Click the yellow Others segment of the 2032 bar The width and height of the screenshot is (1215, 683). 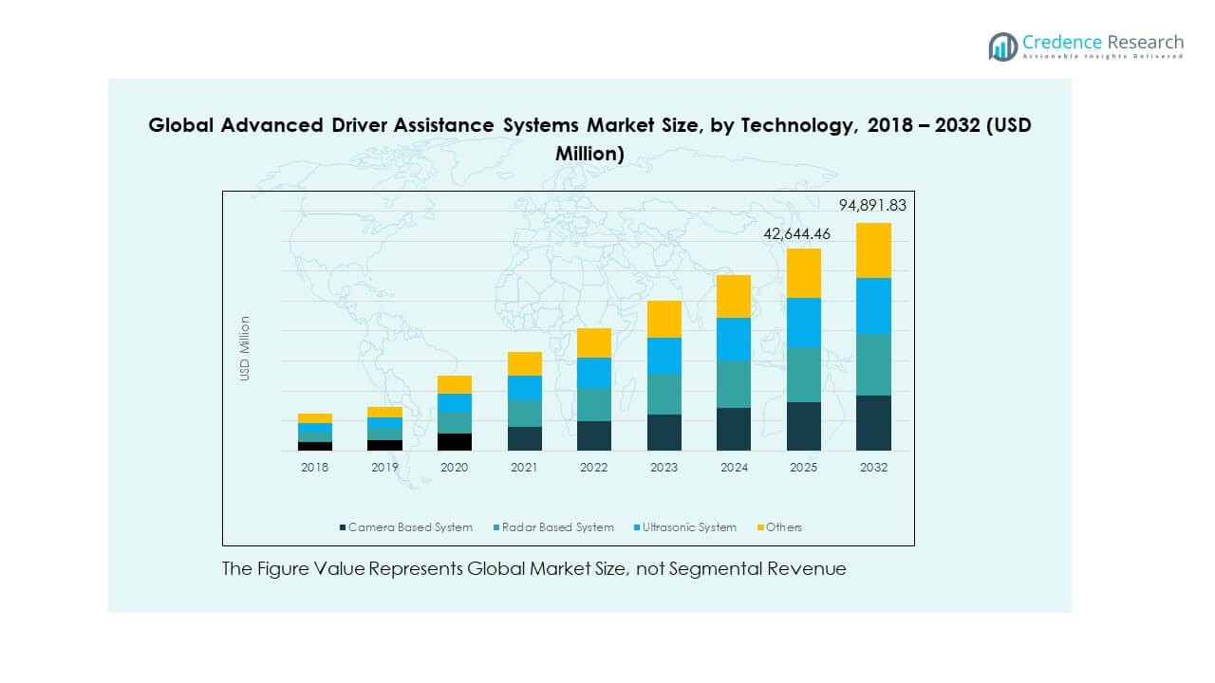coord(873,250)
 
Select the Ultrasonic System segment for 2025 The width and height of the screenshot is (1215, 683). coord(803,323)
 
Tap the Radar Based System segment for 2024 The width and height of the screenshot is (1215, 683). coord(734,384)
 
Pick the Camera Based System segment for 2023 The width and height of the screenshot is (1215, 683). coord(664,433)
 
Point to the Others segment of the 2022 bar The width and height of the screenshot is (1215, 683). coord(594,342)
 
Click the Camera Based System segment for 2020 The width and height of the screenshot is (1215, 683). coord(455,441)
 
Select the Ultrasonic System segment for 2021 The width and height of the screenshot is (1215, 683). coord(524,388)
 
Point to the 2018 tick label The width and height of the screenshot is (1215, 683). coord(315,468)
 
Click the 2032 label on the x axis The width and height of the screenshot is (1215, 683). coord(873,468)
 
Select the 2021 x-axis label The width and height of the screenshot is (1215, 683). coord(524,468)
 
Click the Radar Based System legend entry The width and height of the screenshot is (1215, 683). coord(555,527)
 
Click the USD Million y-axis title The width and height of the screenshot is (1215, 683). coord(245,348)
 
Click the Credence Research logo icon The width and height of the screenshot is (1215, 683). coord(1002,46)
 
